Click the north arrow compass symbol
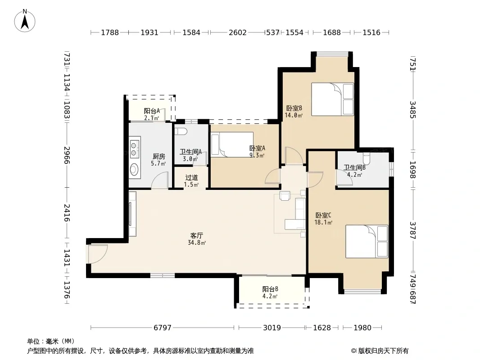click(25, 21)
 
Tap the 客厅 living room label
click(196, 235)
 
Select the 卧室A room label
click(257, 148)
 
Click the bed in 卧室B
click(332, 99)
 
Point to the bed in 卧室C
click(367, 242)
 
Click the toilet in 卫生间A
click(181, 131)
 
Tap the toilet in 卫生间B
click(366, 159)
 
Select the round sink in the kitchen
click(134, 169)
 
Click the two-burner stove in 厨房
click(134, 149)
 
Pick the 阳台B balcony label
click(270, 289)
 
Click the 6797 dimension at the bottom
click(162, 328)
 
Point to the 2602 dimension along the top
click(238, 32)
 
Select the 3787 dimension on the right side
click(412, 230)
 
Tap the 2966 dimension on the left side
click(67, 155)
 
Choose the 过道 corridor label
click(192, 177)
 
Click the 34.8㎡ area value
click(196, 243)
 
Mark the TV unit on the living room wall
click(132, 214)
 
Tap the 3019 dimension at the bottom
click(272, 328)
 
